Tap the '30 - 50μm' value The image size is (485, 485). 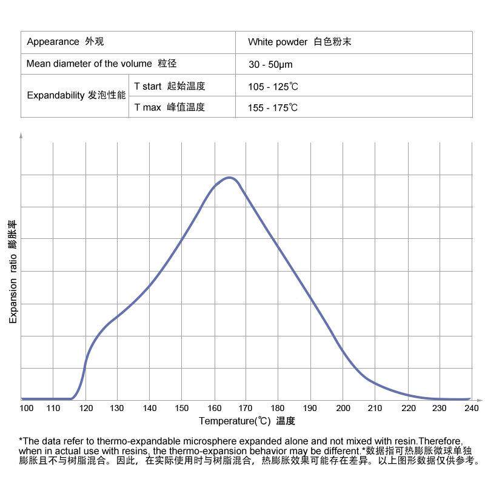click(270, 64)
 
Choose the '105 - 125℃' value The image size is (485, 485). click(273, 86)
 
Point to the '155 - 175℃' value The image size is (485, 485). click(273, 108)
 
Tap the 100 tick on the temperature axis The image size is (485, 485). click(27, 408)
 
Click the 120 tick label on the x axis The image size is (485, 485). click(85, 408)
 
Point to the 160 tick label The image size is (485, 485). click(214, 408)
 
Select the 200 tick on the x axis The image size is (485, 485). click(343, 408)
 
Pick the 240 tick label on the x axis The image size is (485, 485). click(471, 408)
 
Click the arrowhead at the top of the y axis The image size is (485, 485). click(21, 136)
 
